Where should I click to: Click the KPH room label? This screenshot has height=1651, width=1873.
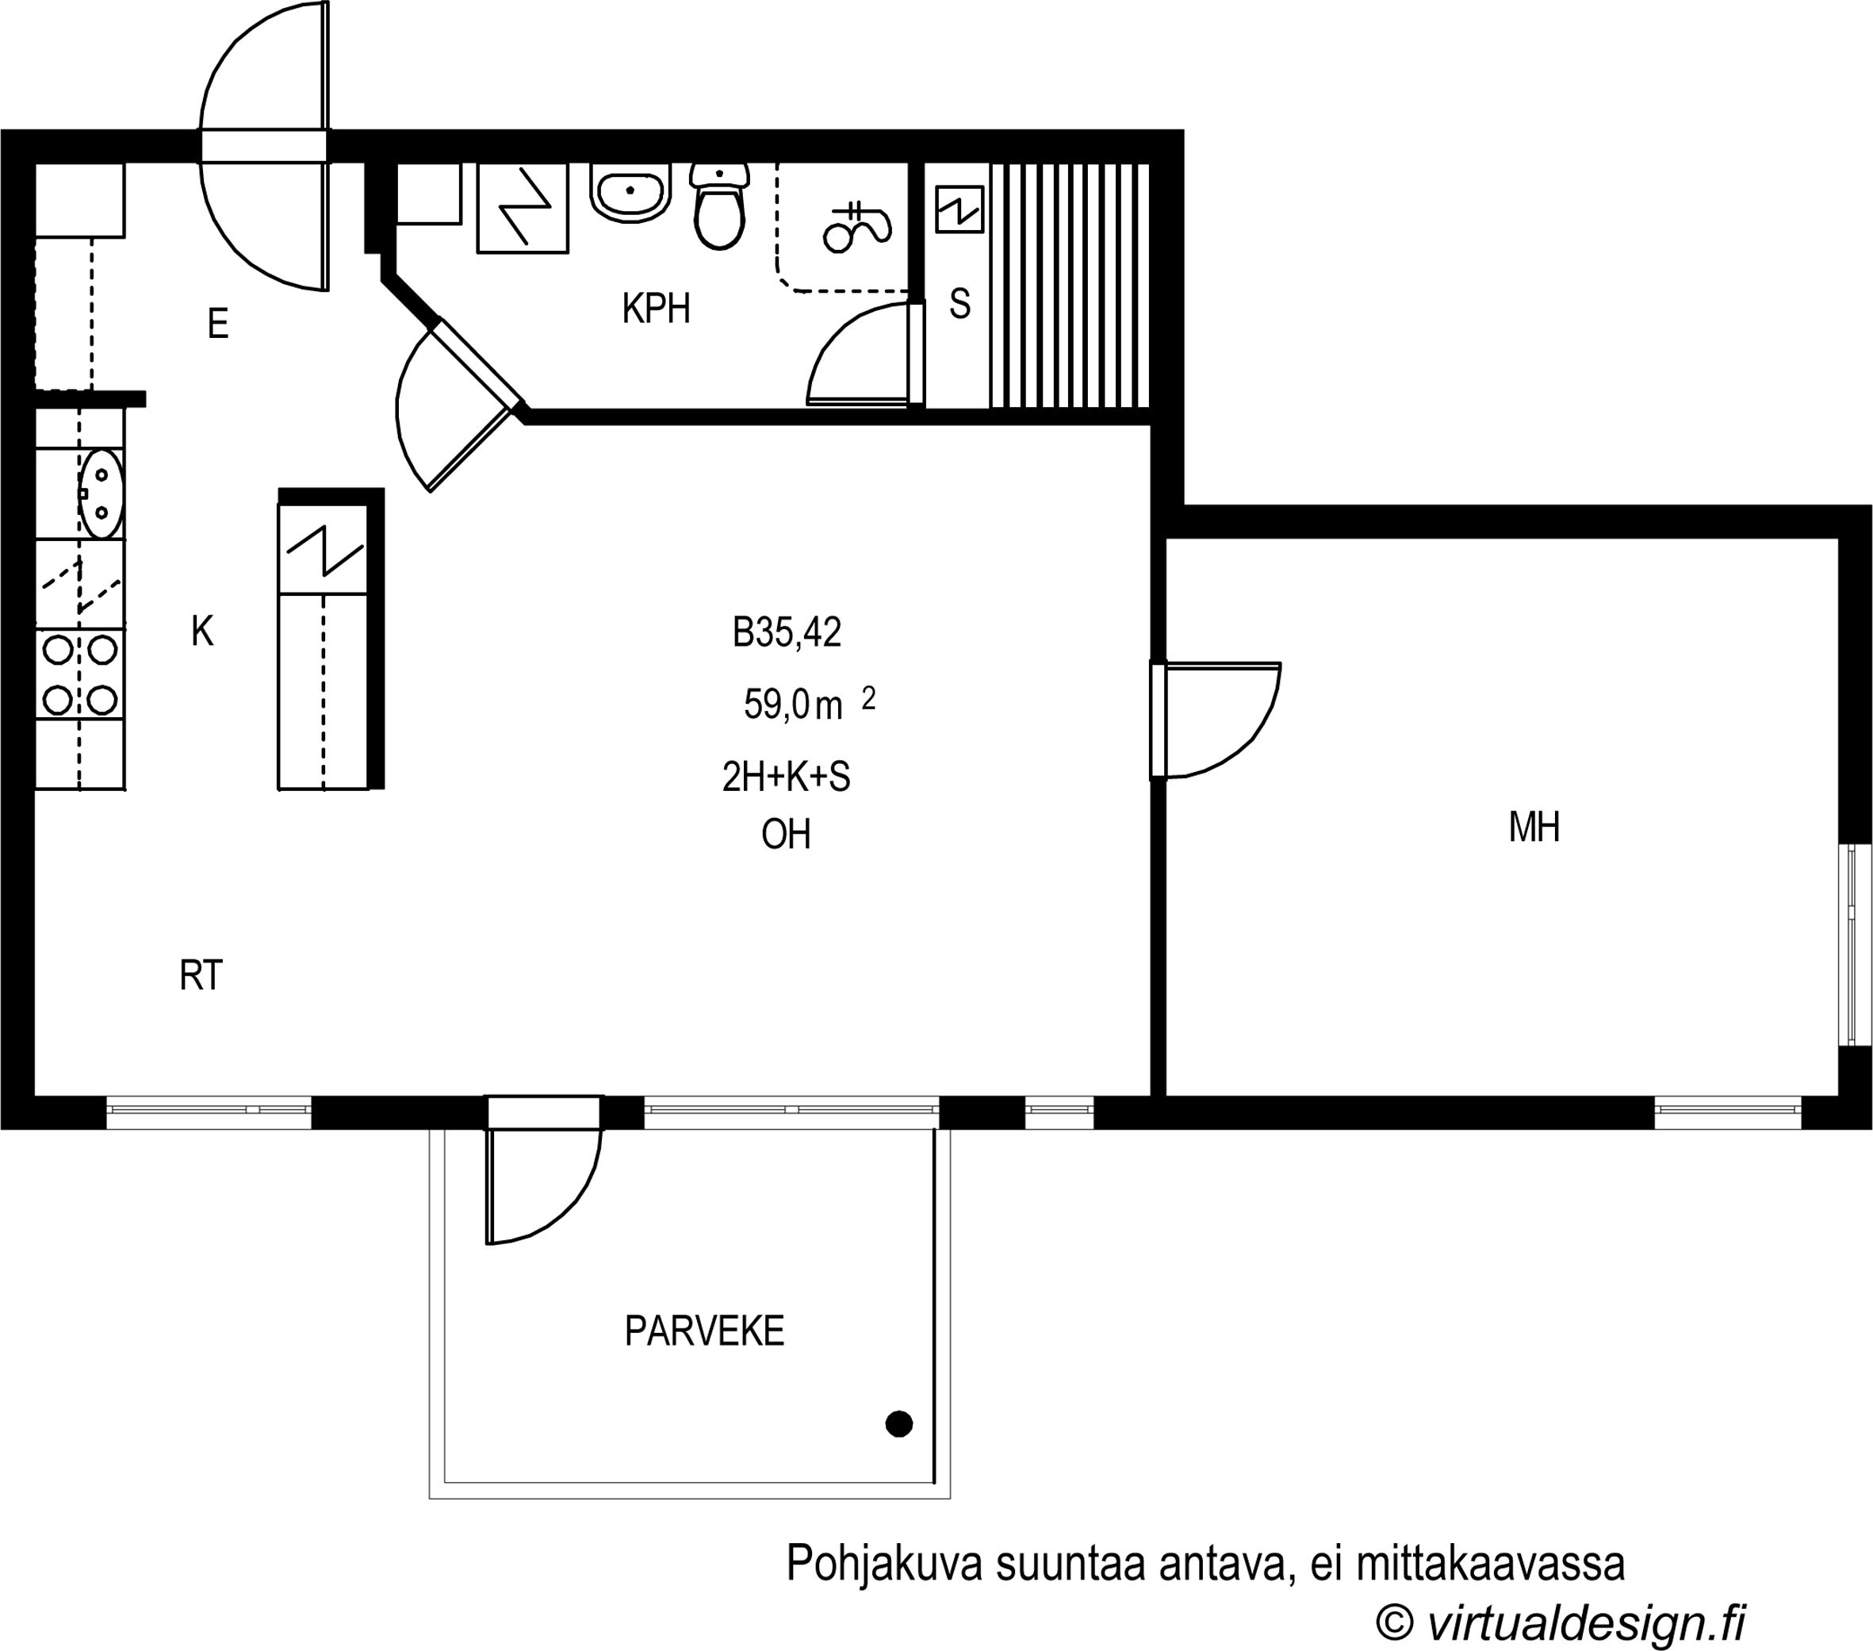tap(656, 309)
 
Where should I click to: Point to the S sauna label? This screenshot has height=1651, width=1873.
tap(959, 303)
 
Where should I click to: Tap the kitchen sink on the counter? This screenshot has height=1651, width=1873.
tap(102, 493)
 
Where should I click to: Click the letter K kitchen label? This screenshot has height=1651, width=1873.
tap(202, 632)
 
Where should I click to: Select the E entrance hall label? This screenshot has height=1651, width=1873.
tap(217, 324)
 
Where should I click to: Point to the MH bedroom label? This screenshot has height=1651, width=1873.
tap(1534, 827)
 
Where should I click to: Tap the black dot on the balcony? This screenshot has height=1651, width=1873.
tap(899, 1423)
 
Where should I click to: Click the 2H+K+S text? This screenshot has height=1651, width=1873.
tap(786, 778)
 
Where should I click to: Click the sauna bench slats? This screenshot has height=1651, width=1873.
tap(1070, 285)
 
